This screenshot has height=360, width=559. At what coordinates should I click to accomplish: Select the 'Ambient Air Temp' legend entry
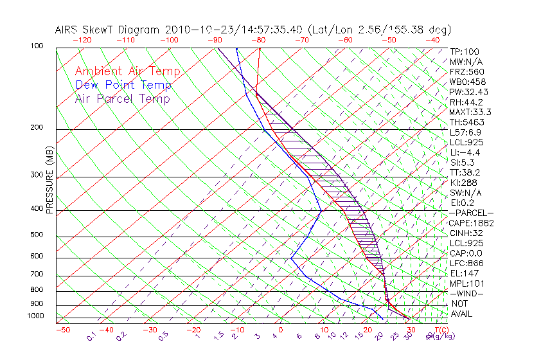127,71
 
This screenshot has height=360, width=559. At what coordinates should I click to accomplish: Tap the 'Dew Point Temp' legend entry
123,85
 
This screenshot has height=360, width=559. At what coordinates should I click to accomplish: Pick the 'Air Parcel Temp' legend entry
123,98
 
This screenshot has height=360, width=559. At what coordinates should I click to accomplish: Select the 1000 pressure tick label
36,316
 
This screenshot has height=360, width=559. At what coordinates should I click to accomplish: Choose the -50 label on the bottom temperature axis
62,330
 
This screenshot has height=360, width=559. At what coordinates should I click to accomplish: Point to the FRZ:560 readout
466,71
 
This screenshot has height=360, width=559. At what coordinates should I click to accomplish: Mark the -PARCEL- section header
471,213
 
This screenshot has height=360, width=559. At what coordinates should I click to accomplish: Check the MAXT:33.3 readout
470,112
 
